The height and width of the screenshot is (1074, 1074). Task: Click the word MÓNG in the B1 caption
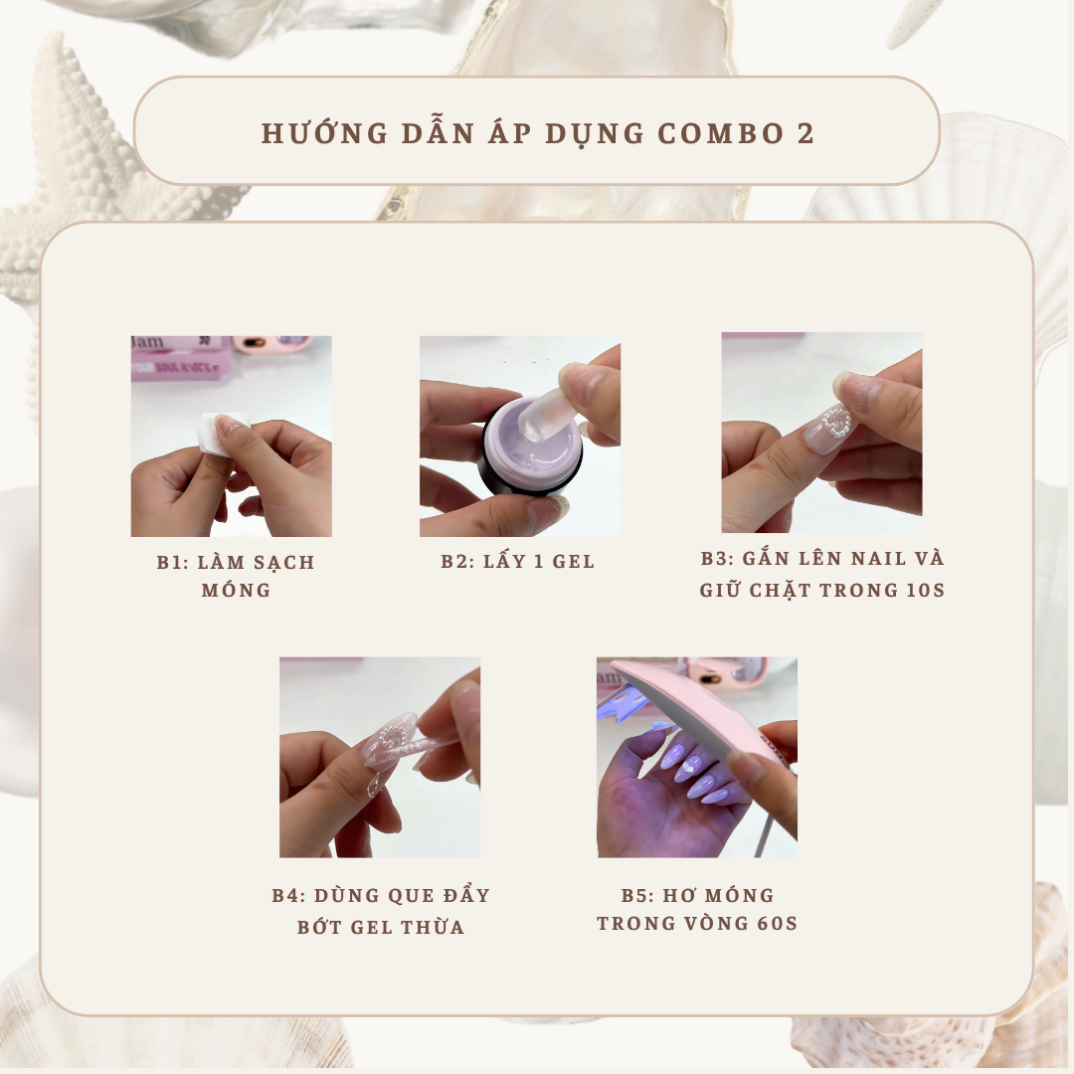pyautogui.click(x=236, y=591)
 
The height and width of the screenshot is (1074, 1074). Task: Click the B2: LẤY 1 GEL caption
pyautogui.click(x=518, y=562)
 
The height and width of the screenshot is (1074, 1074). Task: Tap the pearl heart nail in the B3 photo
pyautogui.click(x=831, y=429)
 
